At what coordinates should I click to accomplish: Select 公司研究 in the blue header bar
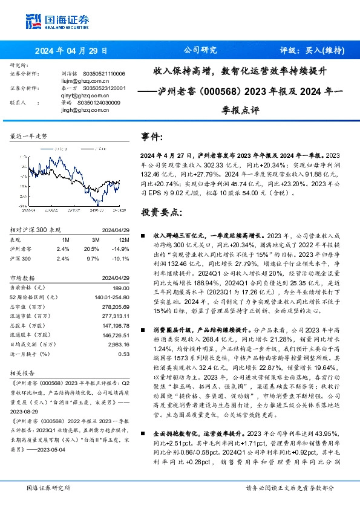click(x=200, y=51)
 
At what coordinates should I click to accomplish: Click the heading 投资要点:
click(x=161, y=213)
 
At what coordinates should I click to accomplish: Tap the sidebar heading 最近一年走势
click(x=29, y=137)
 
